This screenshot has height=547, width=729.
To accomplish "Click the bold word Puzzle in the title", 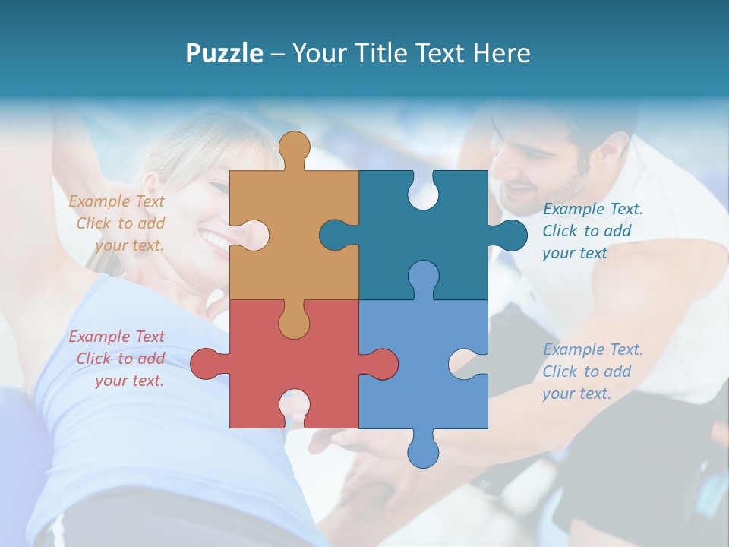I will pyautogui.click(x=224, y=53).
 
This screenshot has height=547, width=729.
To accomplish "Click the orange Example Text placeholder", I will pyautogui.click(x=118, y=223).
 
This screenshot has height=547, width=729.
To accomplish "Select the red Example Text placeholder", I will pyautogui.click(x=118, y=359).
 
